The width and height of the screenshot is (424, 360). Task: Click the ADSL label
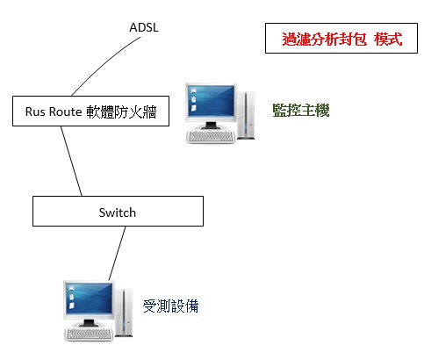pyautogui.click(x=144, y=27)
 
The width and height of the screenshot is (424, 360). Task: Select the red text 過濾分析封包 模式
pyautogui.click(x=342, y=39)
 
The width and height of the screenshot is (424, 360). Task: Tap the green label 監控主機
pyautogui.click(x=301, y=111)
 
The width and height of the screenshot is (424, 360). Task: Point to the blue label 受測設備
pyautogui.click(x=170, y=306)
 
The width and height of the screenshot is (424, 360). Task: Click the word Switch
pyautogui.click(x=118, y=212)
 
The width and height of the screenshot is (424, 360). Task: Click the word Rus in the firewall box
pyautogui.click(x=35, y=112)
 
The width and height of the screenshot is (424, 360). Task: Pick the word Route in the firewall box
pyautogui.click(x=66, y=112)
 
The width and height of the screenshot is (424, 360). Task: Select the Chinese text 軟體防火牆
pyautogui.click(x=121, y=112)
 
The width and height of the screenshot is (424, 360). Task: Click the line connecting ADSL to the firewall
pyautogui.click(x=104, y=62)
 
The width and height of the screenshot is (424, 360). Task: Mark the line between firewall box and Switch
pyautogui.click(x=71, y=161)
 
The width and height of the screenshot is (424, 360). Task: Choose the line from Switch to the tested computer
pyautogui.click(x=117, y=253)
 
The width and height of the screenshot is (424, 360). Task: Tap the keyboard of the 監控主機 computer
pyautogui.click(x=211, y=136)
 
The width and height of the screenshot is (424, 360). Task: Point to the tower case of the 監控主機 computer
pyautogui.click(x=246, y=115)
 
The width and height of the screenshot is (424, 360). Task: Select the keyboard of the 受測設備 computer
pyautogui.click(x=89, y=334)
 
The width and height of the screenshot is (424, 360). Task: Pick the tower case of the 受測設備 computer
pyautogui.click(x=124, y=313)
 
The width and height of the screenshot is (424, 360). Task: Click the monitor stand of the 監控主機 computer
pyautogui.click(x=211, y=126)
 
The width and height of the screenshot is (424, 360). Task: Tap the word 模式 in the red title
pyautogui.click(x=388, y=39)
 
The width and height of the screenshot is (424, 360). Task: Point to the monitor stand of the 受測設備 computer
pyautogui.click(x=89, y=323)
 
